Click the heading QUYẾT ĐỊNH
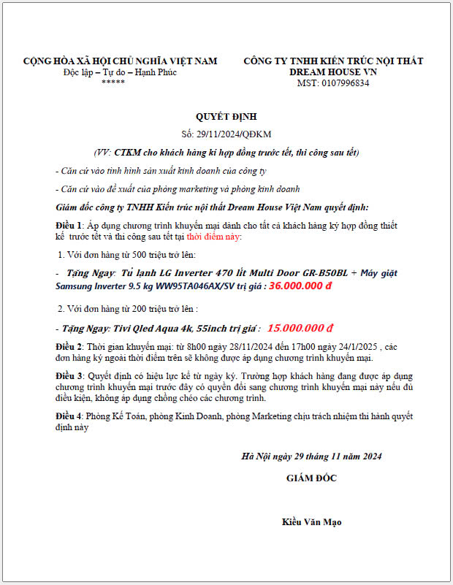[226, 116]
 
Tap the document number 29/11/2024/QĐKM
[237, 134]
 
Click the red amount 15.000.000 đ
[300, 328]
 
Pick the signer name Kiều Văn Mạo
[311, 522]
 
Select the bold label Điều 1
[69, 226]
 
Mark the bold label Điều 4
[69, 416]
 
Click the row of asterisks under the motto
[113, 83]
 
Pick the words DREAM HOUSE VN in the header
[333, 72]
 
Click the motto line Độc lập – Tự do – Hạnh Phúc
[120, 72]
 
